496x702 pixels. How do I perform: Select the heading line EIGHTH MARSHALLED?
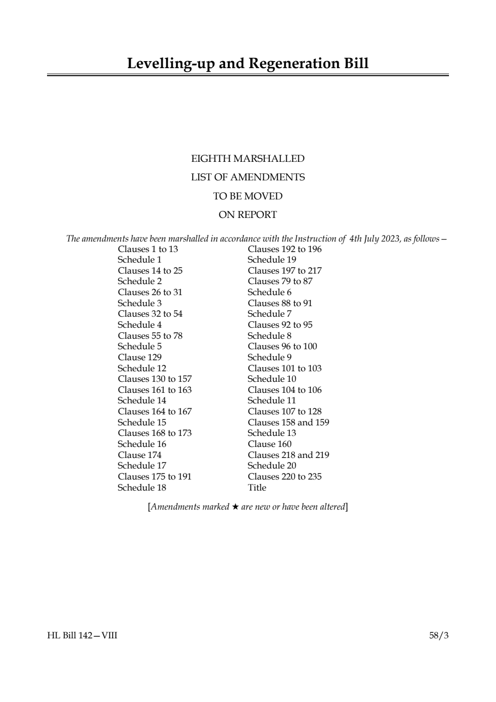[248, 159]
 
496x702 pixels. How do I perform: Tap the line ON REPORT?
[248, 215]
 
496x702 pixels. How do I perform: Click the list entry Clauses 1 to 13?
[148, 249]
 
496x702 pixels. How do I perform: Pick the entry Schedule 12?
[142, 368]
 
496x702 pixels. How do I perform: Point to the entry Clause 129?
[140, 357]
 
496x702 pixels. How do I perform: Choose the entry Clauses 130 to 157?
[155, 379]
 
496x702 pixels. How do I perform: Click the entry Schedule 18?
[142, 488]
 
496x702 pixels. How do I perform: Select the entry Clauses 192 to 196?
[284, 249]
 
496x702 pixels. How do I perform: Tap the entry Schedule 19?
[272, 260]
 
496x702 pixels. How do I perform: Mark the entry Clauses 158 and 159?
[288, 422]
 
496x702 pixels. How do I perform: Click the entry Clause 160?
[269, 444]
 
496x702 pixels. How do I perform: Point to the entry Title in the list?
[257, 488]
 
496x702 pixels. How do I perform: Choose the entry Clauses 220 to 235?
[284, 477]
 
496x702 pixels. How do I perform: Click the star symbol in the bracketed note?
[235, 507]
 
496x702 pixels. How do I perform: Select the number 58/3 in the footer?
[439, 636]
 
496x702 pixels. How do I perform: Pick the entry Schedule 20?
[272, 465]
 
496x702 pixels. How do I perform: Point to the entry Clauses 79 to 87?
[280, 281]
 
